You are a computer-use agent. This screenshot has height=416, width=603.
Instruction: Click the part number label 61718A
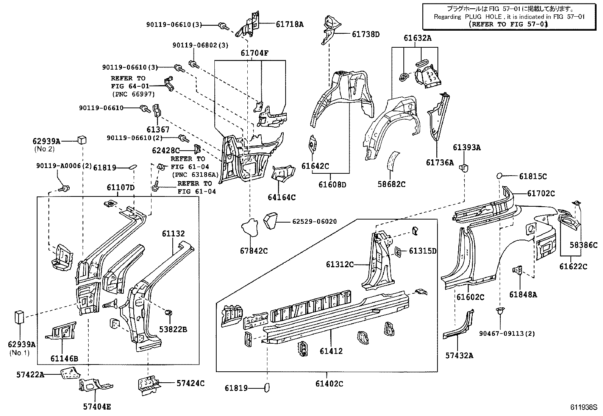coord(289,24)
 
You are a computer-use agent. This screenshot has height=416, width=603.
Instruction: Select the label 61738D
coord(366,34)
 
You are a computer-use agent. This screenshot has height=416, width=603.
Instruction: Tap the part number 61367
coord(158,130)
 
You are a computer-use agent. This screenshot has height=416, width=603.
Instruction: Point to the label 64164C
coord(281,197)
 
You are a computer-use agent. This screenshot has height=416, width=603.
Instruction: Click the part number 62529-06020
coord(314,221)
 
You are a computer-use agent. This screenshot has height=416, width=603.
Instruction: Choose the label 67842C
coord(253,251)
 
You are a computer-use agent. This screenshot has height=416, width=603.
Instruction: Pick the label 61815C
coord(533,176)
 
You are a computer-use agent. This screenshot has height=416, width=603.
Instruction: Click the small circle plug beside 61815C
coord(500,176)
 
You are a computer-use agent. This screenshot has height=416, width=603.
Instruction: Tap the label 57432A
coord(459,355)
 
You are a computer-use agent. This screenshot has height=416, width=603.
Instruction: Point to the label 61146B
coord(64,358)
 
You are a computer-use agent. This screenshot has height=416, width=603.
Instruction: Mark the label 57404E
coord(97,407)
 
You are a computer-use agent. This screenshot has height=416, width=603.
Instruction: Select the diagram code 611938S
coord(584,408)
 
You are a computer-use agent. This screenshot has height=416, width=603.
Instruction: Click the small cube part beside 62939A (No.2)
coord(81,140)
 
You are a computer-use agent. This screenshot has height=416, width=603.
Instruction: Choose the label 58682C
coord(391,184)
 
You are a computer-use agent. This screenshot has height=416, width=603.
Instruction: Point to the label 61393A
coord(467,147)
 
